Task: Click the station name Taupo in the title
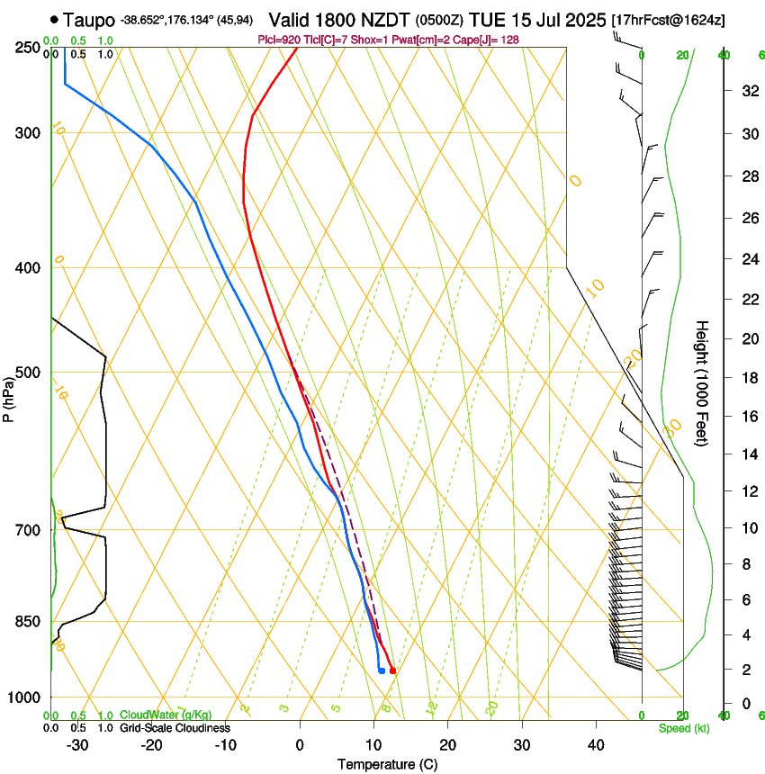[89, 19]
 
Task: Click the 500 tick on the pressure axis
[27, 373]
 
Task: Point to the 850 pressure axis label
[27, 621]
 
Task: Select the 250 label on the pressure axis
[27, 48]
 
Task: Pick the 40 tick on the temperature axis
[596, 745]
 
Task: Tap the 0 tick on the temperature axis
[300, 745]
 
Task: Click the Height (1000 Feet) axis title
[703, 382]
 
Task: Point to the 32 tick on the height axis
[747, 91]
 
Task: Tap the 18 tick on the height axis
[747, 378]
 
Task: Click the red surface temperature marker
[392, 670]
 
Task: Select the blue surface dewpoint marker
[382, 670]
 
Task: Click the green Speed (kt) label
[683, 728]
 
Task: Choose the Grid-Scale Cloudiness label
[174, 728]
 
